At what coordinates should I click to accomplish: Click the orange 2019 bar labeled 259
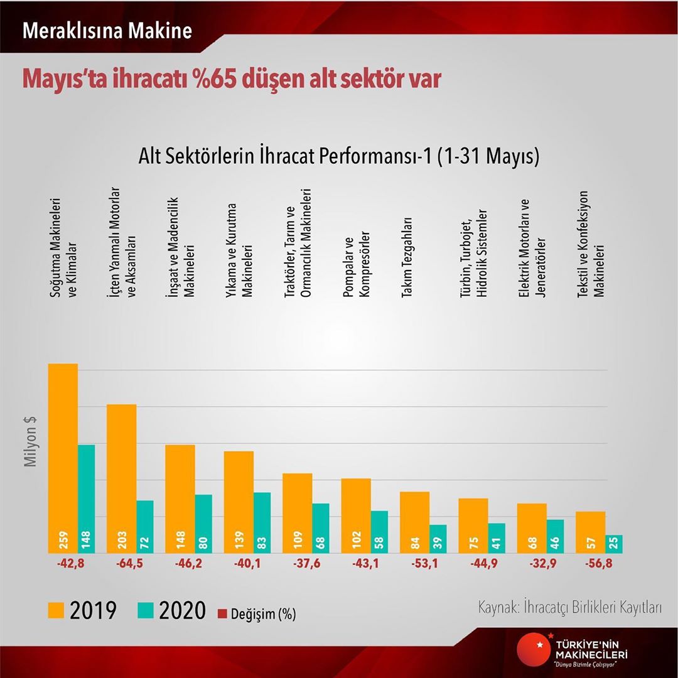coord(63,458)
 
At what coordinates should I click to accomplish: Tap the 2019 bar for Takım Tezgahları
coord(414,522)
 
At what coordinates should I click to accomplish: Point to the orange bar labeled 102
coord(356,515)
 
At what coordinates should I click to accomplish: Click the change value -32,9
coord(532,564)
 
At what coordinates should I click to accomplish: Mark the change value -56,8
coord(590,564)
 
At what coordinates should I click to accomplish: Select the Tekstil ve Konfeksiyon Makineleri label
coord(590,244)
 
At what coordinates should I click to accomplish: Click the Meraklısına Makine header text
coord(107,31)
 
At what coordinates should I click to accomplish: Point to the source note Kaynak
coord(570,608)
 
